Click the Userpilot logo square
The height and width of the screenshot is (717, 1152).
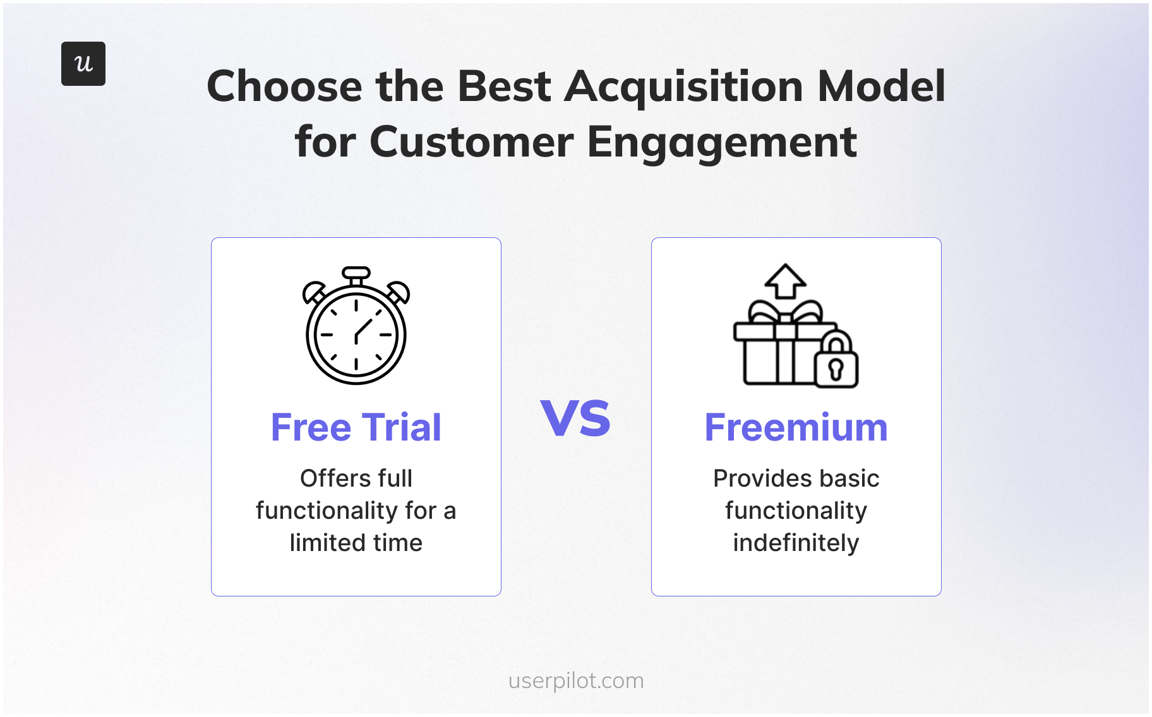83,64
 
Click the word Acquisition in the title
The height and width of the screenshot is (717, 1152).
684,86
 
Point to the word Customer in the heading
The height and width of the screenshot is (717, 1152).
472,143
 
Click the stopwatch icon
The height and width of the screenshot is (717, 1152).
356,331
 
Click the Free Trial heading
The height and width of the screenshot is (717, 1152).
356,427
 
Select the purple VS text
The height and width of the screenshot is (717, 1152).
575,418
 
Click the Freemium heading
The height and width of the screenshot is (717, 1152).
796,427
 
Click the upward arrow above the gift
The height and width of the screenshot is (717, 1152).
785,280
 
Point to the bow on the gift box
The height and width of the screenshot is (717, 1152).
785,312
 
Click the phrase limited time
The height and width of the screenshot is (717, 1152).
356,543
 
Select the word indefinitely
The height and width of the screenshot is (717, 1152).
796,543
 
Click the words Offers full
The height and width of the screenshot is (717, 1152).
356,478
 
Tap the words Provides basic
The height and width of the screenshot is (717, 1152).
796,478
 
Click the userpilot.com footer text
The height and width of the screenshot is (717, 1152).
576,680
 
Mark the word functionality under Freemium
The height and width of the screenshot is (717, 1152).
796,511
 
